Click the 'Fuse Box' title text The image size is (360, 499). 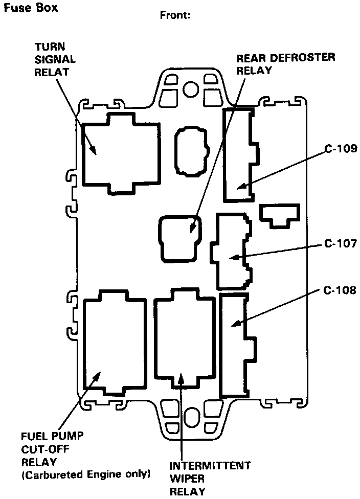click(30, 8)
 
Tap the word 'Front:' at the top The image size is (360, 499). click(175, 15)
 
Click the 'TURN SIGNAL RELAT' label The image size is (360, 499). click(55, 58)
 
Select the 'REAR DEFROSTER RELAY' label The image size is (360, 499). click(285, 63)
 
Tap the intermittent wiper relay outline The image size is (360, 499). click(184, 337)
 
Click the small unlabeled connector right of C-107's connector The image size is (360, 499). click(279, 215)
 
